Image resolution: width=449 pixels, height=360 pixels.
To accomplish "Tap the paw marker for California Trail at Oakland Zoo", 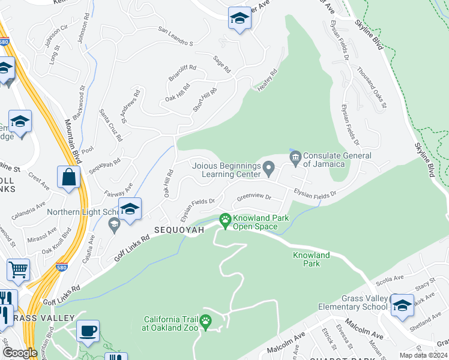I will [206, 322].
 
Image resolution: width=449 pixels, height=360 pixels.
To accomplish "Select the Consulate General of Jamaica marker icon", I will [295, 159].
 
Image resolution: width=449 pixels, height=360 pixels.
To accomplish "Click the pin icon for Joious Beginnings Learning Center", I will [269, 166].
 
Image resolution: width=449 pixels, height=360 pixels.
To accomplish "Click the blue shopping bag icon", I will [69, 178].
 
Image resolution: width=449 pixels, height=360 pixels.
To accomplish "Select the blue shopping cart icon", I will [18, 270].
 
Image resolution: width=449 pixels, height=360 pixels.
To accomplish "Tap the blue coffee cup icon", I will [88, 331].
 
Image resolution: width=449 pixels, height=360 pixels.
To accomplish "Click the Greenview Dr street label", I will [255, 197].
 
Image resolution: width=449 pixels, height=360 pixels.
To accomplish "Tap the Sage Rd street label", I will [222, 63].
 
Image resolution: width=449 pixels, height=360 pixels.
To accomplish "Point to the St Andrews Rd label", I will [131, 106].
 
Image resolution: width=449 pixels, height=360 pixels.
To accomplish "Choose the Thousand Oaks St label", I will [372, 88].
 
